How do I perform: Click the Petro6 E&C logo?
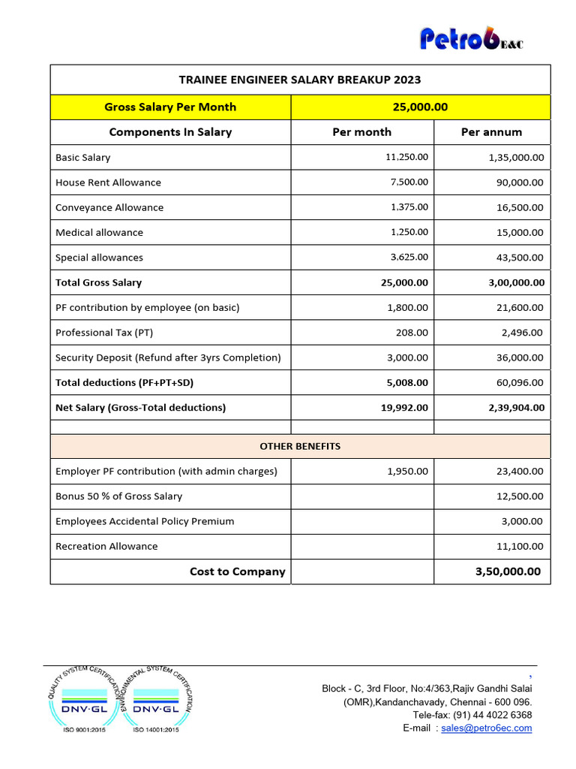coord(471,39)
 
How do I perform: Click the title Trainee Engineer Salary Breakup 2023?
coord(300,80)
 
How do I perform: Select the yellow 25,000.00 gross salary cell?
coord(420,107)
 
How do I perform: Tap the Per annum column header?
coord(491,132)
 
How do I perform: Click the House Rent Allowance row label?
coord(108,182)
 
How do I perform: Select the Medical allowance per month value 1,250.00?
coord(409,232)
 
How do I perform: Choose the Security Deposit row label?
coord(168,357)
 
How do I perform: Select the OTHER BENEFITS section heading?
coord(300,446)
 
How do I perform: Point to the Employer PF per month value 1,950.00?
coord(408,472)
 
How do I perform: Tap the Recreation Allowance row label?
coord(106,546)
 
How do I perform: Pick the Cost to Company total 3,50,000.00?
coord(508,571)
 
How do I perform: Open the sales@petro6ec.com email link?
coord(487,728)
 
